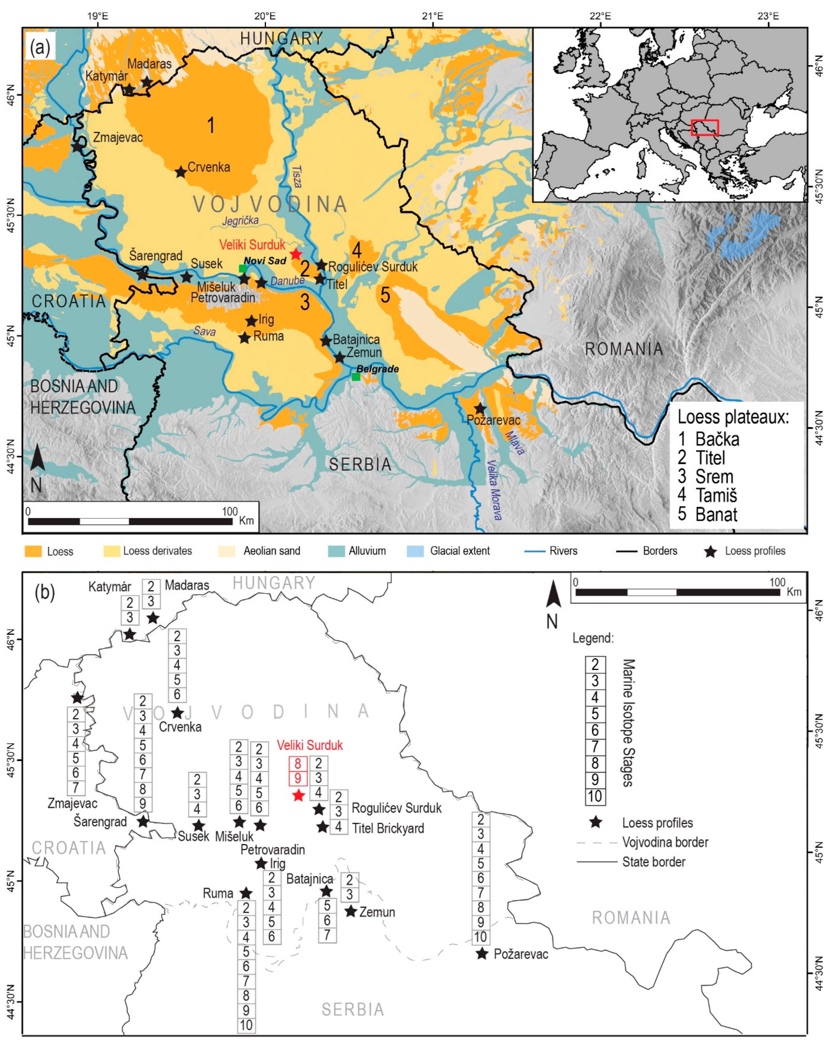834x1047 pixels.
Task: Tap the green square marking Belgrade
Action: coord(356,376)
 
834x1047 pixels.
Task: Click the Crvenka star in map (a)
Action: coord(181,172)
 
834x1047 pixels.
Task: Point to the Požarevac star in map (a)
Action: coord(480,408)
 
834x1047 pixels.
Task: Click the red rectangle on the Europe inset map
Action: coord(704,128)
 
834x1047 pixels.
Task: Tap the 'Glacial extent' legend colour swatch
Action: coord(415,551)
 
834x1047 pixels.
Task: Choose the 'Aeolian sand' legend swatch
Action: coord(227,551)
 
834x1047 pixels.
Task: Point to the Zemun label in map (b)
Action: coord(377,912)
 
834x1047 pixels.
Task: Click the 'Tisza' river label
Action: coord(297,176)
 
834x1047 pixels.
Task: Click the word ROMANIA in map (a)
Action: coord(624,349)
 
